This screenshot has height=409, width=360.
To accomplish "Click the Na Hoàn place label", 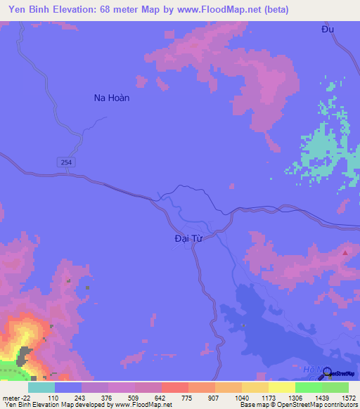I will coord(112,98).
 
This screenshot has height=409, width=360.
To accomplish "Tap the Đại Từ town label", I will coord(188,238).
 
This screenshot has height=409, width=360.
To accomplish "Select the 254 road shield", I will coord(65,162).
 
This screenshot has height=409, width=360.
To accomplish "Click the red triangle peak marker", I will coord(345,252).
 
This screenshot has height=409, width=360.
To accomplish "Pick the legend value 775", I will coord(188,397).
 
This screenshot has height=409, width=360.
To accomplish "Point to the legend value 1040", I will coord(241,397).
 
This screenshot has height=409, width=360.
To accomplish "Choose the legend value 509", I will coord(134,397).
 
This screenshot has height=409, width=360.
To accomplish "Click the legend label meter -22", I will coord(15,397).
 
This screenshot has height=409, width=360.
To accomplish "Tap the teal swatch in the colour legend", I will coord(41,387).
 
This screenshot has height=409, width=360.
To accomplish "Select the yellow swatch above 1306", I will coord(281,387).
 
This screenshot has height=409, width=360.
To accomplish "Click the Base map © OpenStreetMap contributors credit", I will coord(299,405).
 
